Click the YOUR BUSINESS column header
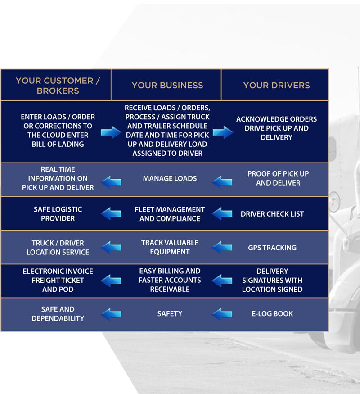167,85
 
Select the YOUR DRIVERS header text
276,85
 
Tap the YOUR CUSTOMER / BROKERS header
58,86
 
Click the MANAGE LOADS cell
170,178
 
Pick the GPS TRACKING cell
272,248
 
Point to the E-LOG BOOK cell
272,313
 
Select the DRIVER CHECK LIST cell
272,214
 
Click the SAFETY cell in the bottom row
170,313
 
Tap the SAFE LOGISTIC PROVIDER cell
58,214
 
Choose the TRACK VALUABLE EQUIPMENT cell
170,248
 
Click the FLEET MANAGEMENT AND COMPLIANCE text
170,214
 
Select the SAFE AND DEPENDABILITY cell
58,313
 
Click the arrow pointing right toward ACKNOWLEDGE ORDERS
223,132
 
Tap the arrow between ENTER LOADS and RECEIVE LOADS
111,132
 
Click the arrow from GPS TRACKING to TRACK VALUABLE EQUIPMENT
222,247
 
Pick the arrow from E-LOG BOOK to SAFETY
222,314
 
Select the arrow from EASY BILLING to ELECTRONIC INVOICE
111,281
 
